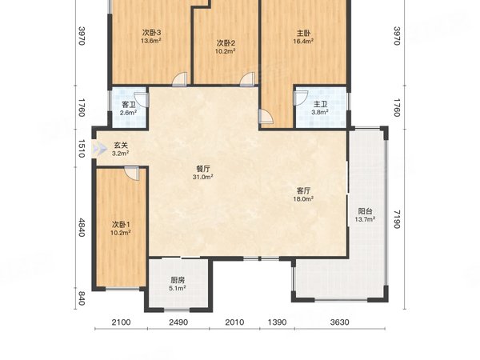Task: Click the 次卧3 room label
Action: coord(151,33)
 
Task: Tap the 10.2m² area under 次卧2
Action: coord(225,51)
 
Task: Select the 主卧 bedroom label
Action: coord(303,33)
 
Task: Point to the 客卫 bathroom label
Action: coord(129,104)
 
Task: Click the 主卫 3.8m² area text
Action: coord(320,112)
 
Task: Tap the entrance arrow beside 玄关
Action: coord(100,149)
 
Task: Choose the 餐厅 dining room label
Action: coord(202,169)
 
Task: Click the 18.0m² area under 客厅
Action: coord(303,199)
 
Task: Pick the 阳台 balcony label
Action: coord(366,211)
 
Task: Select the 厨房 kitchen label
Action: coord(178,280)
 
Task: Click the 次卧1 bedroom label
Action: coord(121,225)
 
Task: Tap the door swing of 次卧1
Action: coord(132,174)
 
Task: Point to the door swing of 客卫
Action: coord(142,100)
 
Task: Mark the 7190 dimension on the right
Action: coord(397,219)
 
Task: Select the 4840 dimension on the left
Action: coord(82,227)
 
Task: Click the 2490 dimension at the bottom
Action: coord(178,322)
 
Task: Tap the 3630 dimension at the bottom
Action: coord(339,322)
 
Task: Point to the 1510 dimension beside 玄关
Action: coord(82,149)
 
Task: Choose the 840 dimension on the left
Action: coord(82,298)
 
